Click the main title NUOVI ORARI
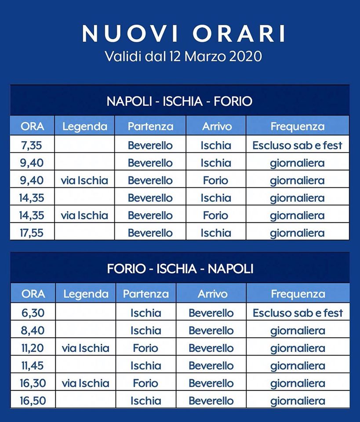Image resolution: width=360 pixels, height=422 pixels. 184,33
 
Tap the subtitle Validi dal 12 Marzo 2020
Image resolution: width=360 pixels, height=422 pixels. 183,57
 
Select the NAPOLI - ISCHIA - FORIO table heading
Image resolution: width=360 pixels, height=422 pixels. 179,102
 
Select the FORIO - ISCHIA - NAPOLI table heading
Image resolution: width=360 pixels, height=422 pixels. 180,269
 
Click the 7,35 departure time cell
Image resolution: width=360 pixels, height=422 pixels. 32,146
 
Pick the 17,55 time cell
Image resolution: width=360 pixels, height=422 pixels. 32,233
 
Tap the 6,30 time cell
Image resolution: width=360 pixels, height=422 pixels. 33,313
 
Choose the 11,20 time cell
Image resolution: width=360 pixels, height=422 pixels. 33,348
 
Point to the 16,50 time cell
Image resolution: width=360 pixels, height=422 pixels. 33,400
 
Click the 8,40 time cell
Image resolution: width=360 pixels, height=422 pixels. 33,331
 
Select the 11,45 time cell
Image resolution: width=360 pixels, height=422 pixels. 33,366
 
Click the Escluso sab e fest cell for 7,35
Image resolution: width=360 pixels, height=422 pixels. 297,146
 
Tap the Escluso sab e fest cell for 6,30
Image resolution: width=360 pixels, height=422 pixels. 298,313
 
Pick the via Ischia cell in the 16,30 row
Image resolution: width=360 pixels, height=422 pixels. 85,383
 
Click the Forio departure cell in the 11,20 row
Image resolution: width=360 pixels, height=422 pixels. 145,348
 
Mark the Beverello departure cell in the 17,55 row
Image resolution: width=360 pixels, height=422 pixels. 150,233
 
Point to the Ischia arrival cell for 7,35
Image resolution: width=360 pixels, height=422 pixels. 216,146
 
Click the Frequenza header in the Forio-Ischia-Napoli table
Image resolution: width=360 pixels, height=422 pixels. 298,294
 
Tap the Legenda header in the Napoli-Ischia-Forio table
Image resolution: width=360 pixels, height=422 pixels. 85,127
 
